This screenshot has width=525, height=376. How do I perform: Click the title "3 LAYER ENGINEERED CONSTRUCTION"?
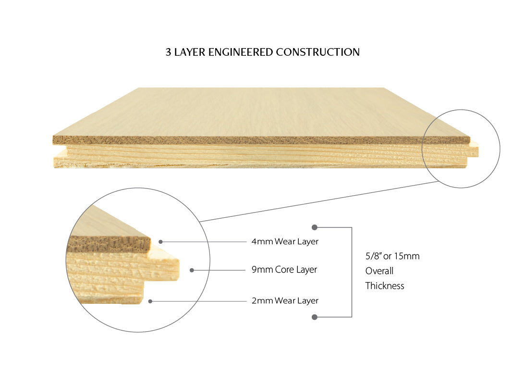[x=262, y=52]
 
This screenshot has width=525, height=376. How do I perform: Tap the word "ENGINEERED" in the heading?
[x=240, y=52]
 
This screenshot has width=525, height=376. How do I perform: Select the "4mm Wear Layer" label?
[x=285, y=242]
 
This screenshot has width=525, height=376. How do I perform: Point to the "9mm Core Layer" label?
[x=284, y=270]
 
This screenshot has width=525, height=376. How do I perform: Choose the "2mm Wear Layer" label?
[x=285, y=301]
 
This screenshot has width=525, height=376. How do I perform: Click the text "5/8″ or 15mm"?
[x=392, y=256]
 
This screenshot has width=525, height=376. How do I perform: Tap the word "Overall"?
[x=379, y=271]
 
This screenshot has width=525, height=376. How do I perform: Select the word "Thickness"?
[x=385, y=286]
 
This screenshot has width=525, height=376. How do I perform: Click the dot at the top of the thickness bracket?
[x=315, y=227]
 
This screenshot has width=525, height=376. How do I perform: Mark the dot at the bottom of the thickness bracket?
[x=315, y=317]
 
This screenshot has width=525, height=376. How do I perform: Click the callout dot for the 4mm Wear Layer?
[x=161, y=242]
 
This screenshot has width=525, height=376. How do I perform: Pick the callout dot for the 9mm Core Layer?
[x=192, y=270]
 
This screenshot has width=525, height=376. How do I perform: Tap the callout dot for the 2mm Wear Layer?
[x=150, y=301]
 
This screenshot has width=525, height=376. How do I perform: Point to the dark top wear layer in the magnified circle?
[x=109, y=244]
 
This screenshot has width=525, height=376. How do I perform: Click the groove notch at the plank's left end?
[x=60, y=148]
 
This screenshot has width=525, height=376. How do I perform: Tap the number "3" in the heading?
[x=168, y=52]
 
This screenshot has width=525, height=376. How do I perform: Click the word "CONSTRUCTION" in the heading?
[x=318, y=52]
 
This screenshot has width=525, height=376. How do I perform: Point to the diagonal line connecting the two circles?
[x=319, y=201]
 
